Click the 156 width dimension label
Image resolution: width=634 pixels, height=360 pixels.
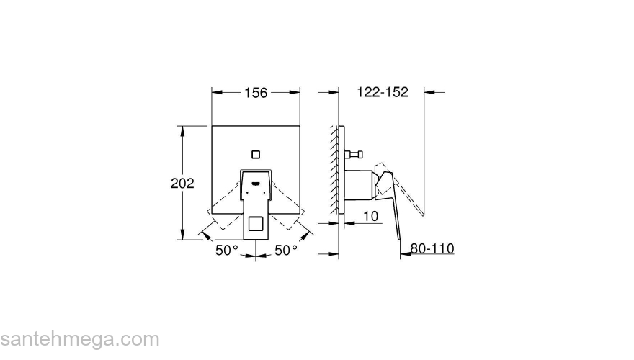[x=256, y=92]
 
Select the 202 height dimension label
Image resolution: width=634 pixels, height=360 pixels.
[x=182, y=183]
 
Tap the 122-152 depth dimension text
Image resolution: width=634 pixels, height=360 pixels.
[x=383, y=92]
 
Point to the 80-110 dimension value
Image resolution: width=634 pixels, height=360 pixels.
[x=432, y=248]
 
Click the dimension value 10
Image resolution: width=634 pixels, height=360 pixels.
[x=370, y=215]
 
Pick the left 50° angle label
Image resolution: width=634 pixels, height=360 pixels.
[x=226, y=250]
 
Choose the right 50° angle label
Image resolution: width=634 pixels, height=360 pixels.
[x=286, y=250]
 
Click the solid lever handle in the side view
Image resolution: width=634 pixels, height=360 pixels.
[x=392, y=209]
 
